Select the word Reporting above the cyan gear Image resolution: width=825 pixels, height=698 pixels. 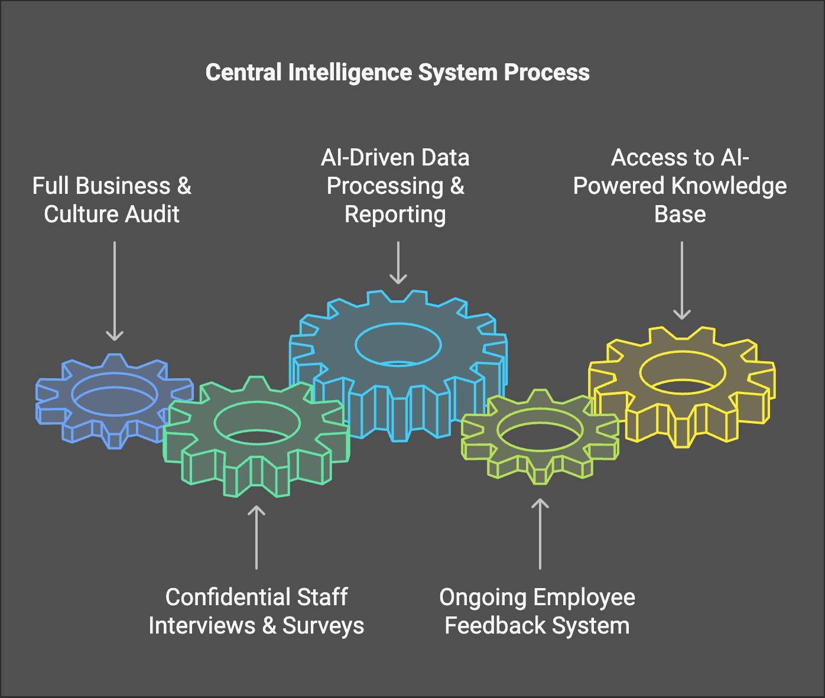[395, 214]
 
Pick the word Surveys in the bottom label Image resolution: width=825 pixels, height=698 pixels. [323, 626]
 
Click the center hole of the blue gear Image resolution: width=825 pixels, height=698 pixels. [115, 394]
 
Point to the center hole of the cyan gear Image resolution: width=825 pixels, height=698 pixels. [398, 344]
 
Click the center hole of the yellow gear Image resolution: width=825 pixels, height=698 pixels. [683, 372]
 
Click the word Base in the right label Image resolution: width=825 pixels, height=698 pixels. [680, 214]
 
